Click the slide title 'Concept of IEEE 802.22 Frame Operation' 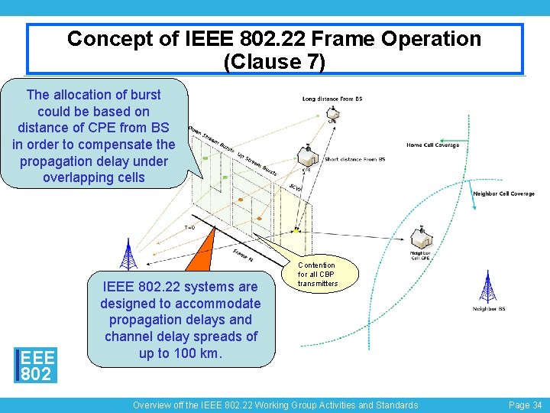pos(274,39)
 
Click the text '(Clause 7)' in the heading pos(274,61)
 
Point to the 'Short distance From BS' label pos(355,159)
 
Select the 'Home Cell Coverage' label pos(432,145)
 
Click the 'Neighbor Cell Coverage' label pos(503,193)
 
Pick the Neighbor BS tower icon pos(487,287)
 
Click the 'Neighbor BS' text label pos(489,309)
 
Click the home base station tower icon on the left pos(129,255)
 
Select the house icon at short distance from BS pos(308,156)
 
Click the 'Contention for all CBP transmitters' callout pos(317,275)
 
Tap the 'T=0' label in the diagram pos(189,227)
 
